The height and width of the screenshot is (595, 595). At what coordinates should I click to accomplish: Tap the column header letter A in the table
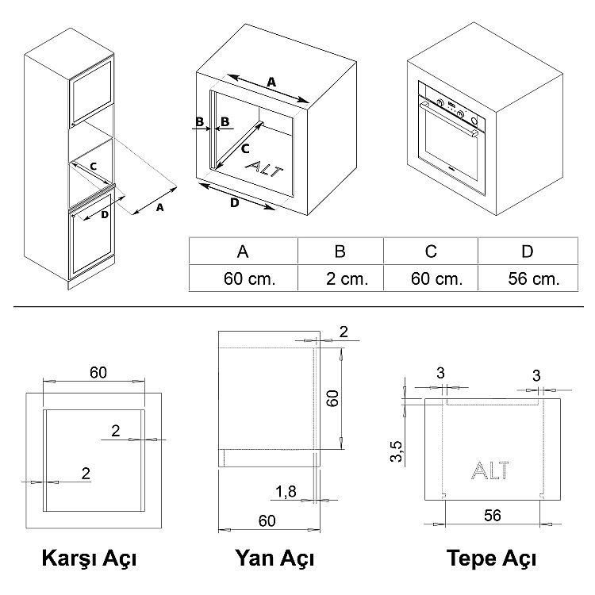[x=243, y=251]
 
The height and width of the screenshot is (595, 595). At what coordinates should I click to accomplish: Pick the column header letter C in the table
[x=431, y=251]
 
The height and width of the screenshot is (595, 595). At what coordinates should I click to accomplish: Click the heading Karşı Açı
[x=89, y=559]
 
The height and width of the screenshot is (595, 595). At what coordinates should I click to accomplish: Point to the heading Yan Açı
[x=274, y=559]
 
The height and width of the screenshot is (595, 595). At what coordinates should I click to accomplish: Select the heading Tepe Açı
[x=491, y=559]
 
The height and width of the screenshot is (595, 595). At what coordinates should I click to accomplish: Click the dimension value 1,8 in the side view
[x=286, y=492]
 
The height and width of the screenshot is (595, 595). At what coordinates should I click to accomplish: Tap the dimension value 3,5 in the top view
[x=396, y=451]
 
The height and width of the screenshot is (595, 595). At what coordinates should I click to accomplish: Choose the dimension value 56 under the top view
[x=493, y=516]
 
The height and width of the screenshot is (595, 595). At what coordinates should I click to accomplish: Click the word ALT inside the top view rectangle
[x=490, y=470]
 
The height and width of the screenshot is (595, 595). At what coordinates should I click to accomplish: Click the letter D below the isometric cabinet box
[x=235, y=203]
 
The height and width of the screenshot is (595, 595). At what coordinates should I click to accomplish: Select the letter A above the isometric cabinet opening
[x=271, y=82]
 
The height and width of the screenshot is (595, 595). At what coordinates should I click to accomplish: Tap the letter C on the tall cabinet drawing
[x=94, y=167]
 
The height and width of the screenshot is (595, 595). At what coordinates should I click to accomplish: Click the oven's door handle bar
[x=449, y=118]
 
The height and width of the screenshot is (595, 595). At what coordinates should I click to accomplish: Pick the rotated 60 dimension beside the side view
[x=332, y=398]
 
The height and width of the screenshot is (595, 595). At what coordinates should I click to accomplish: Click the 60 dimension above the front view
[x=98, y=373]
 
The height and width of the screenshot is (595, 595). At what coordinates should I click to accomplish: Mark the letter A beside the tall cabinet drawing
[x=160, y=208]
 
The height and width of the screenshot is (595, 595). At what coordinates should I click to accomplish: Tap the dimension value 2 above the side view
[x=344, y=332]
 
